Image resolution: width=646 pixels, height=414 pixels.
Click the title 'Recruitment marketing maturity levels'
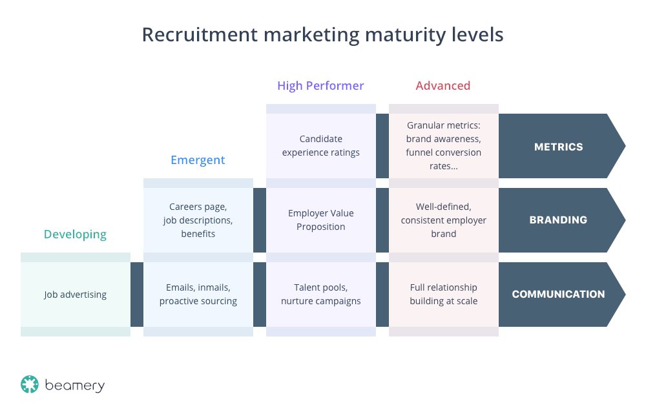[x=322, y=35]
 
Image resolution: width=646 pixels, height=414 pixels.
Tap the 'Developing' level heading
[x=75, y=234]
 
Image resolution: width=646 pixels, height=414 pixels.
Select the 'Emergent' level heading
[x=198, y=160]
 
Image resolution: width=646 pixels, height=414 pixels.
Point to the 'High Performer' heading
[x=320, y=86]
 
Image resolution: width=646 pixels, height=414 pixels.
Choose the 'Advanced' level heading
[x=443, y=86]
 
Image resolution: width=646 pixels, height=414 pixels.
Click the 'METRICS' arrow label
[x=559, y=147]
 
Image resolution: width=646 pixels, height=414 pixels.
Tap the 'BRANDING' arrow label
[x=558, y=220]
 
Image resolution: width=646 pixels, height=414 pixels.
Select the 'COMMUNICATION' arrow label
[x=558, y=295]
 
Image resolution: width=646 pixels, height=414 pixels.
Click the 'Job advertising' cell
[x=75, y=295]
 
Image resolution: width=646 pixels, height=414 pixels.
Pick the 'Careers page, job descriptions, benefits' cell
[x=198, y=220]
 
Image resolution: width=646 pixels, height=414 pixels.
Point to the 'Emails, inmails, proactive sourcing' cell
[x=198, y=295]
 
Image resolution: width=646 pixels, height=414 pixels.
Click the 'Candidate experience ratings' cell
[x=320, y=146]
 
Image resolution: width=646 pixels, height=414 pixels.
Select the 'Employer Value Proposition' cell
[x=320, y=220]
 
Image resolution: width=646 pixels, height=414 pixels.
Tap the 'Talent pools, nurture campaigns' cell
[x=320, y=295]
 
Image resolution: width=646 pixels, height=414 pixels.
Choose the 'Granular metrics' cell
[x=443, y=146]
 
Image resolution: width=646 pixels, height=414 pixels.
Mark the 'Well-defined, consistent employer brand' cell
[x=443, y=220]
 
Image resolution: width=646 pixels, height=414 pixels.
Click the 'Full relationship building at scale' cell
[x=443, y=295]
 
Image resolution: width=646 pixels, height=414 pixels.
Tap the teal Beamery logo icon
[x=30, y=385]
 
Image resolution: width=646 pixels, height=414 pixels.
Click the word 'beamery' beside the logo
[x=74, y=386]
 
